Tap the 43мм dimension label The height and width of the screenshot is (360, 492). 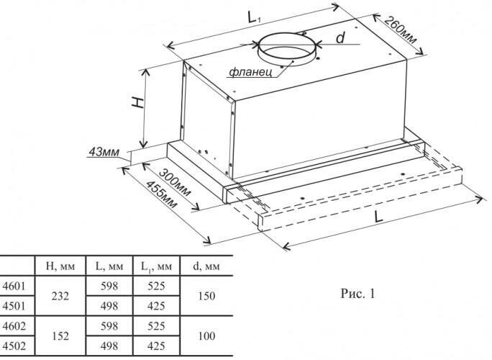(102, 152)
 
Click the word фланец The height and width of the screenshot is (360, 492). (250, 72)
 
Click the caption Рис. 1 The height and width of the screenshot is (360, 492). (356, 294)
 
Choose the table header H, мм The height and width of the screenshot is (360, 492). (61, 267)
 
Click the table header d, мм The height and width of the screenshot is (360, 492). (206, 267)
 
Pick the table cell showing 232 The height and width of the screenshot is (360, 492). (61, 295)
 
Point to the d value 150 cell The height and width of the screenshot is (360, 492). (206, 295)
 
